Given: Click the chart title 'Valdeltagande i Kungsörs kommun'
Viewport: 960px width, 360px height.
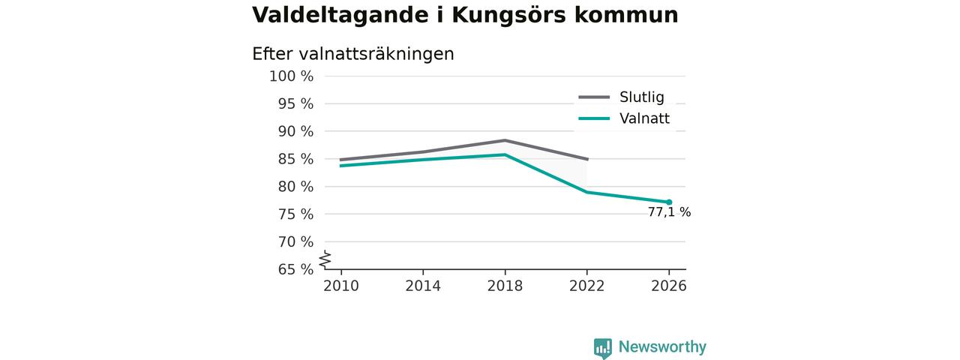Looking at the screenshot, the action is point(465,16).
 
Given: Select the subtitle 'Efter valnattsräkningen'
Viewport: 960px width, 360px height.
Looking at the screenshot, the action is point(352,54).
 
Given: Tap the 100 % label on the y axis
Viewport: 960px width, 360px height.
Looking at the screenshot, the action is point(291,76).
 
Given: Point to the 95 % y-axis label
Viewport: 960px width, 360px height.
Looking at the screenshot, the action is point(295,103).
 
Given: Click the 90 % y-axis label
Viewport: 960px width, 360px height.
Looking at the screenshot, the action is point(295,131).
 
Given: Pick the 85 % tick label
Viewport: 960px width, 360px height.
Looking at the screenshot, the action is point(295,159).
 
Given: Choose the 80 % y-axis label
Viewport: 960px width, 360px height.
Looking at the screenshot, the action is point(295,187).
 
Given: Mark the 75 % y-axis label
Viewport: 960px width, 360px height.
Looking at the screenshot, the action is point(295,214).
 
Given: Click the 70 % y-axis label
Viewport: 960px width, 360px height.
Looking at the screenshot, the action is point(295,241).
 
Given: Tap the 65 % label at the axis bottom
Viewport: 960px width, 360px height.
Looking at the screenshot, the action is point(295,269).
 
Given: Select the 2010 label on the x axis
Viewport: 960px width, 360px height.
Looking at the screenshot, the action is point(341,286).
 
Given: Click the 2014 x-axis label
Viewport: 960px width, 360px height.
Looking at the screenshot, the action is point(423,286).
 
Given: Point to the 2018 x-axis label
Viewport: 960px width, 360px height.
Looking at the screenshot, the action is point(505,286).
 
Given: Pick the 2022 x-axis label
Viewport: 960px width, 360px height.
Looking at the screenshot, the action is point(586,286).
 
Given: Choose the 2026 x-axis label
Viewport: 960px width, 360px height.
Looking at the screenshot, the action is point(668,286).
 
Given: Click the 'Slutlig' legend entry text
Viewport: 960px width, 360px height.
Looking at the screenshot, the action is point(641,97).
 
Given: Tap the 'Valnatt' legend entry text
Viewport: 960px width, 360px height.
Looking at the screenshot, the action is point(644,118).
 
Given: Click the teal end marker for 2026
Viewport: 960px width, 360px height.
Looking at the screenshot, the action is point(669,202).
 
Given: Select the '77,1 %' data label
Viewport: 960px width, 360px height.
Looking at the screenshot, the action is point(669,212).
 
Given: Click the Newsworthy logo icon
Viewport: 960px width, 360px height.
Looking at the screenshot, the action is point(602,347).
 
